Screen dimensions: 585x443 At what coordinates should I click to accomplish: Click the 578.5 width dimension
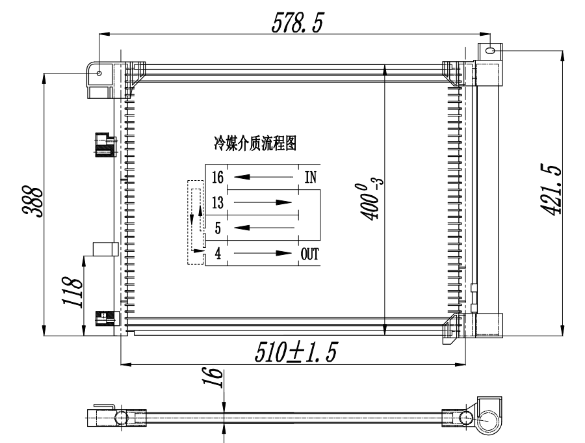[297, 22]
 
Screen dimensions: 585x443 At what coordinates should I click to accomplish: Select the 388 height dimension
[33, 201]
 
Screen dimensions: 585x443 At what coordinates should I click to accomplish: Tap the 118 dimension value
[72, 292]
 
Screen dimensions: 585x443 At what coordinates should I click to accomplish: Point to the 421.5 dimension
[551, 190]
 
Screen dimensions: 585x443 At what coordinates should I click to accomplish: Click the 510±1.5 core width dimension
[296, 352]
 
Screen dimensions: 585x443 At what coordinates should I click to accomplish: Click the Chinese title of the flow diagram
[255, 144]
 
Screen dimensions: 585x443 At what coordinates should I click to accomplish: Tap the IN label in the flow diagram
[311, 177]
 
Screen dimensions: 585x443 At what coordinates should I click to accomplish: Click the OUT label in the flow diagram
[309, 254]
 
